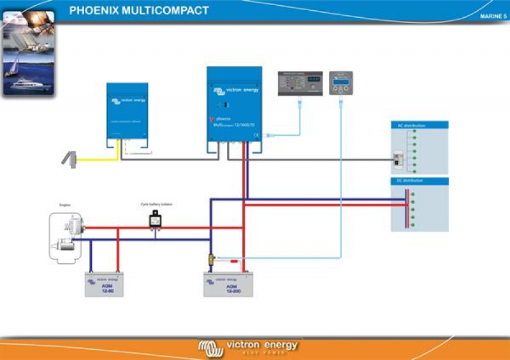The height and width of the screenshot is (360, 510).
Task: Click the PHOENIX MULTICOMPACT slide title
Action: click(138, 10)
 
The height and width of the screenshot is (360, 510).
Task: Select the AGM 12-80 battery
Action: click(104, 284)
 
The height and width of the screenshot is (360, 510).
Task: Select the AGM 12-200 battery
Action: click(228, 285)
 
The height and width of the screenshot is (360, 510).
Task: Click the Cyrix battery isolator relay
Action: click(155, 220)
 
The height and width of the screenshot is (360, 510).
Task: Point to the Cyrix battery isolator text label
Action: click(156, 205)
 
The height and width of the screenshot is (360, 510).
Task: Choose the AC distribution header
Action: click(407, 126)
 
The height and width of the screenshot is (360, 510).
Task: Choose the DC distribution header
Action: click(407, 181)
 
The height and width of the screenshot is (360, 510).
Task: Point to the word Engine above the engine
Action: click(64, 205)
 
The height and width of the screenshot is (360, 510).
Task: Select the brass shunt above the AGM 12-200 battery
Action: click(211, 259)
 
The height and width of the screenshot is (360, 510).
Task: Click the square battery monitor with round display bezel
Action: click(341, 83)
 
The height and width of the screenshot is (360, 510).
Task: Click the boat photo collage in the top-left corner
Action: click(28, 53)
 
